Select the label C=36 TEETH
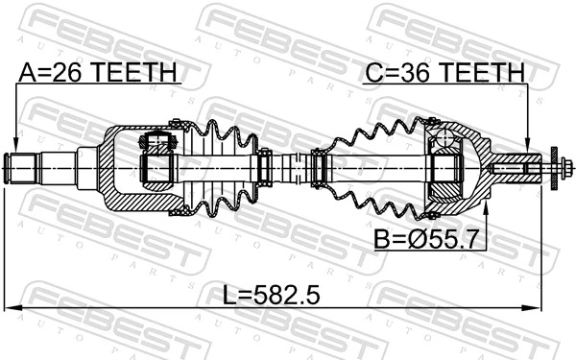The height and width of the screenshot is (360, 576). pyautogui.click(x=444, y=72)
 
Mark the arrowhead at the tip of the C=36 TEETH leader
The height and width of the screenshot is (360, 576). pyautogui.click(x=528, y=146)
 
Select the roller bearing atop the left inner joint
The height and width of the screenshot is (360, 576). pyautogui.click(x=157, y=144)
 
